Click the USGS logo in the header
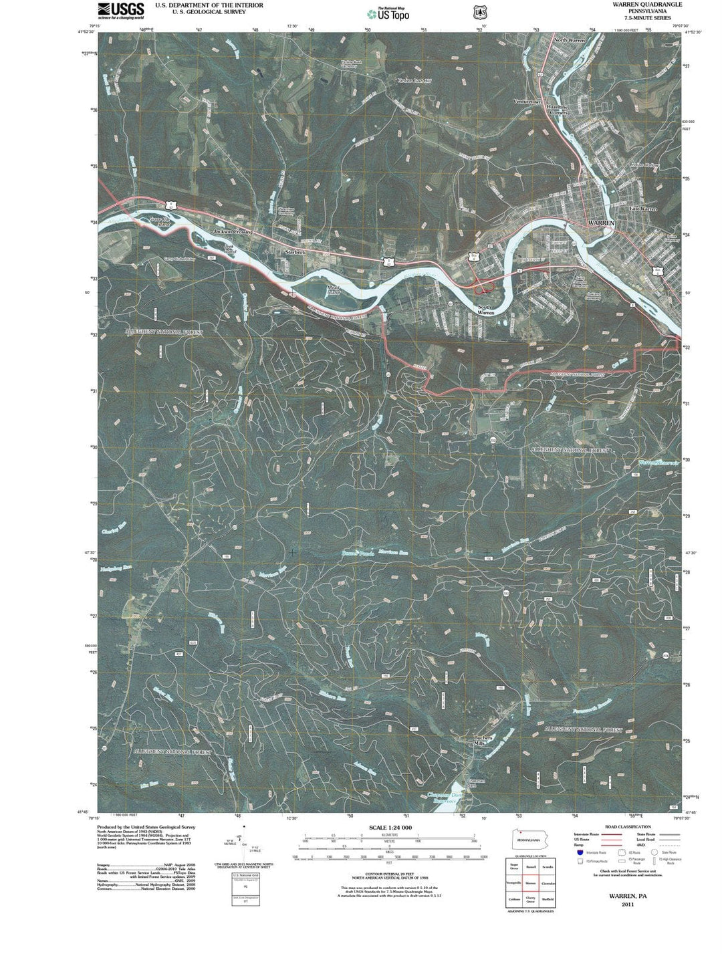point(121,9)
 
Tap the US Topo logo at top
point(388,13)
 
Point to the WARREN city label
point(600,222)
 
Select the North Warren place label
point(570,41)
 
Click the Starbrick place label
point(295,252)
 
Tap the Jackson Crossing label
point(233,231)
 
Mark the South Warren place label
point(485,310)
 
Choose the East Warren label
point(643,209)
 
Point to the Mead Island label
point(333,290)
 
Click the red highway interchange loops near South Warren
point(483,288)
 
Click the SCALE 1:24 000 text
point(390,828)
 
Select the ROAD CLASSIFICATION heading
point(626,827)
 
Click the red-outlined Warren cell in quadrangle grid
point(531,882)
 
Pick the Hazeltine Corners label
point(558,108)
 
